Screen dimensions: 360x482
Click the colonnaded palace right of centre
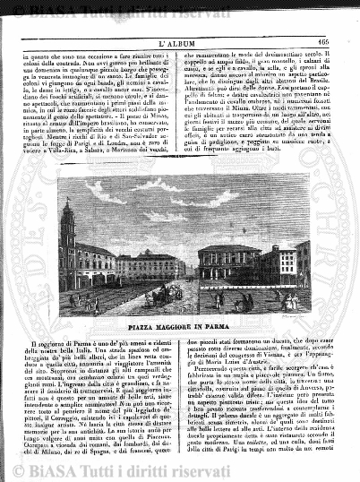pyautogui.click(x=227, y=269)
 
